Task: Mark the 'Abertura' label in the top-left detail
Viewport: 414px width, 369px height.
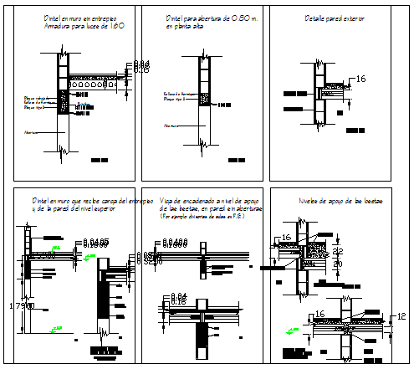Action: [x=32, y=131]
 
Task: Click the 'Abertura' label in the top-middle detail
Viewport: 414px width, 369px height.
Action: [x=171, y=125]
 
